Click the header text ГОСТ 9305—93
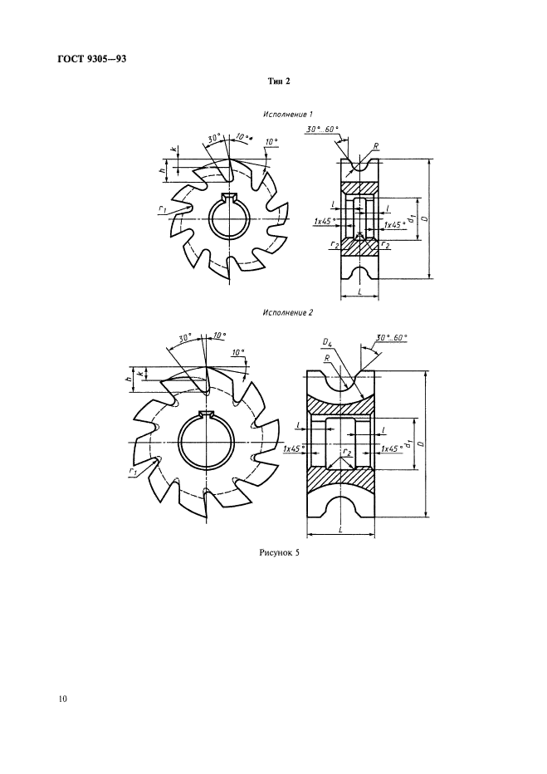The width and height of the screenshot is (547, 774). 92,59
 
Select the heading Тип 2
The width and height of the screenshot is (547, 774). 279,81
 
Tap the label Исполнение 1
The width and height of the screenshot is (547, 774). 288,115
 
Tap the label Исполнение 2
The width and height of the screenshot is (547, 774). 288,312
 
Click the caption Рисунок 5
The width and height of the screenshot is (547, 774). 279,553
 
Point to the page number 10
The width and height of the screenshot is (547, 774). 62,698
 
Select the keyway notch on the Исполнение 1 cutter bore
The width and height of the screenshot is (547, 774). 229,197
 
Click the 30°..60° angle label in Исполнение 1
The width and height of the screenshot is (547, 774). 321,129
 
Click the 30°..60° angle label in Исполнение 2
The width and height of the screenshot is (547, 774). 392,338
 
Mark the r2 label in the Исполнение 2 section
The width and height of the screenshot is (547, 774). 347,453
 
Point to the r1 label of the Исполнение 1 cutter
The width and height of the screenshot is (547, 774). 163,209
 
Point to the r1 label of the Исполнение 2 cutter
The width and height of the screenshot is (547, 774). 133,473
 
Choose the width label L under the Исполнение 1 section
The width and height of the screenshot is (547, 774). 360,292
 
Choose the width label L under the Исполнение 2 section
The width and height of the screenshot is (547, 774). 341,529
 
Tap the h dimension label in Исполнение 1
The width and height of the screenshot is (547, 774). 161,170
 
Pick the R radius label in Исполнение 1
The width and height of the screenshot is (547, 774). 376,146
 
